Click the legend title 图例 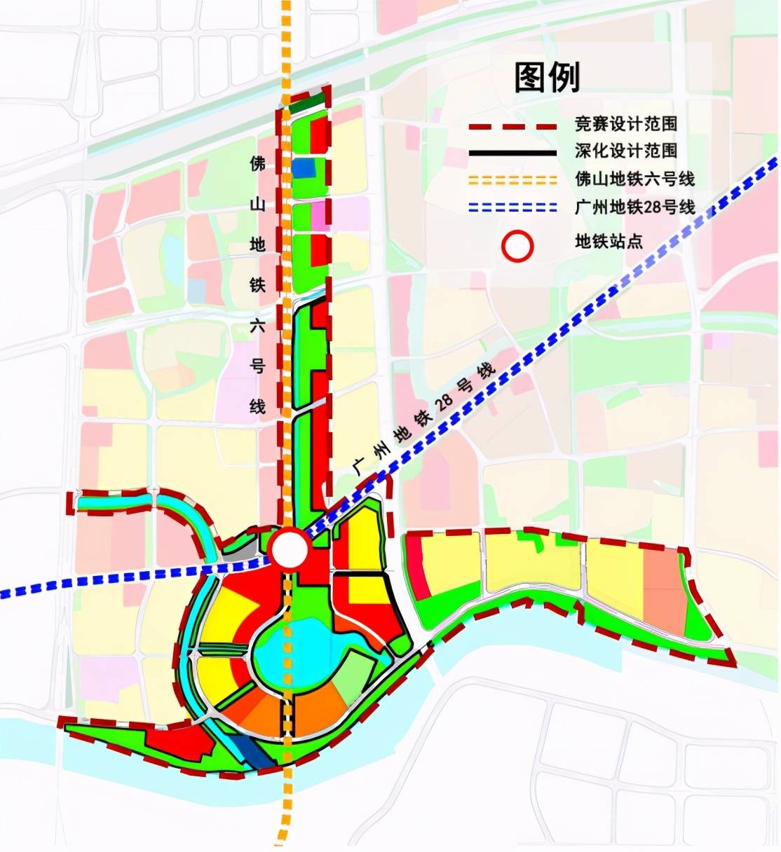click(547, 76)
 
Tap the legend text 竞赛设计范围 click(625, 125)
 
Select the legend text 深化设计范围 click(625, 151)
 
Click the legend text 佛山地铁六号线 click(634, 179)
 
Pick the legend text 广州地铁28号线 click(634, 207)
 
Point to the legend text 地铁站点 click(609, 242)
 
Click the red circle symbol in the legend click(518, 247)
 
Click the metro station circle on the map click(290, 549)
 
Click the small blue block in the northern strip click(304, 169)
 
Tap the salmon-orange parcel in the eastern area click(663, 591)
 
